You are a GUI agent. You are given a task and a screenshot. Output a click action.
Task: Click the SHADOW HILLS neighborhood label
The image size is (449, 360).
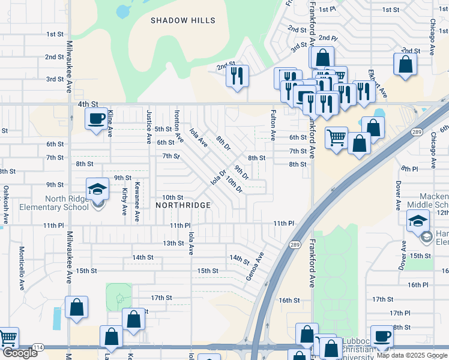pos(182,20)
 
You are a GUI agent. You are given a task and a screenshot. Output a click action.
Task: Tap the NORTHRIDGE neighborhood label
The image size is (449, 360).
pos(183,205)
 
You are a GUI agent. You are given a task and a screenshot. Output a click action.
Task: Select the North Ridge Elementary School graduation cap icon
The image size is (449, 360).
pos(97,189)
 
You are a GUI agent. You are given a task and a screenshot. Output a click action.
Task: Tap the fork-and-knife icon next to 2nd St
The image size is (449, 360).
pos(237,76)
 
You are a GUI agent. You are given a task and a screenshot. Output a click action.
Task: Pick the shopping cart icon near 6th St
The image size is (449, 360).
pos(336,137)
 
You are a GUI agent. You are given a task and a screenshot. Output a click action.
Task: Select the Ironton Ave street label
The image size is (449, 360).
pos(178,125)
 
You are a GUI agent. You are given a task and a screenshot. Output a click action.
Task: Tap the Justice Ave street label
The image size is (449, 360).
pos(149,127)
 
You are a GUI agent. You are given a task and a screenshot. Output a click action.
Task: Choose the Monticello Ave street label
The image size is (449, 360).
pos(21,264)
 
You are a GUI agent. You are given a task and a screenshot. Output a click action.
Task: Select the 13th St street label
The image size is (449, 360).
pos(173,243)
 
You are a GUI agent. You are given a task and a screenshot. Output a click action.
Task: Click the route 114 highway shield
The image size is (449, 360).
pos(38,348)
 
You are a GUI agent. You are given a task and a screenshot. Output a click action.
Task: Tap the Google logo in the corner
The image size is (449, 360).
pos(20,353)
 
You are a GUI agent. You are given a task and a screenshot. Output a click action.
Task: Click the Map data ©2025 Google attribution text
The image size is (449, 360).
pos(411,355)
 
